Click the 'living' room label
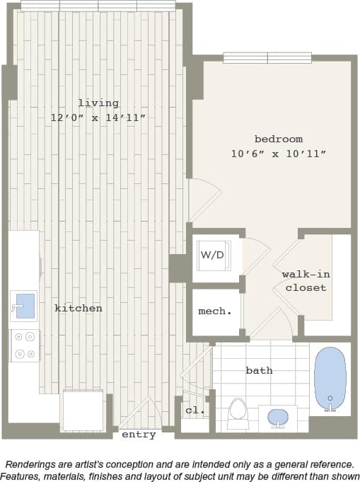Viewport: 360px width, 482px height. [x=98, y=103]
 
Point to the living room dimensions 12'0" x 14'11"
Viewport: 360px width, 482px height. [x=98, y=118]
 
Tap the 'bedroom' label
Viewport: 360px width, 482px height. [x=278, y=139]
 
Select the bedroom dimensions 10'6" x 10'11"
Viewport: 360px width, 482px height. [x=278, y=154]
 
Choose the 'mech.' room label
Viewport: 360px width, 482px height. [x=214, y=311]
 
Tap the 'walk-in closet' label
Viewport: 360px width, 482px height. [x=306, y=281]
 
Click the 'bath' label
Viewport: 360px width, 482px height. [x=259, y=370]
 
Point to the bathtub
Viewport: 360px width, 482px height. [x=330, y=378]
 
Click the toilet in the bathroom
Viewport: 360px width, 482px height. [x=238, y=411]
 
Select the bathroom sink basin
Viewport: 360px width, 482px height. [x=277, y=417]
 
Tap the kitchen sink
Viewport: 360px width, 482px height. [x=23, y=306]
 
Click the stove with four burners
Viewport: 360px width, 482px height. [x=25, y=345]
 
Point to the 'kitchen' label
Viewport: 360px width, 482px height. [x=79, y=308]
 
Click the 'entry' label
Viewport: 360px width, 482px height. [x=139, y=435]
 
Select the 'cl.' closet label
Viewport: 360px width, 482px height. [x=194, y=410]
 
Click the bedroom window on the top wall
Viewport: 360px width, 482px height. [x=267, y=58]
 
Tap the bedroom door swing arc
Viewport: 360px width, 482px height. [x=203, y=199]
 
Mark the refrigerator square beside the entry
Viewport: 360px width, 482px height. [x=83, y=410]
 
